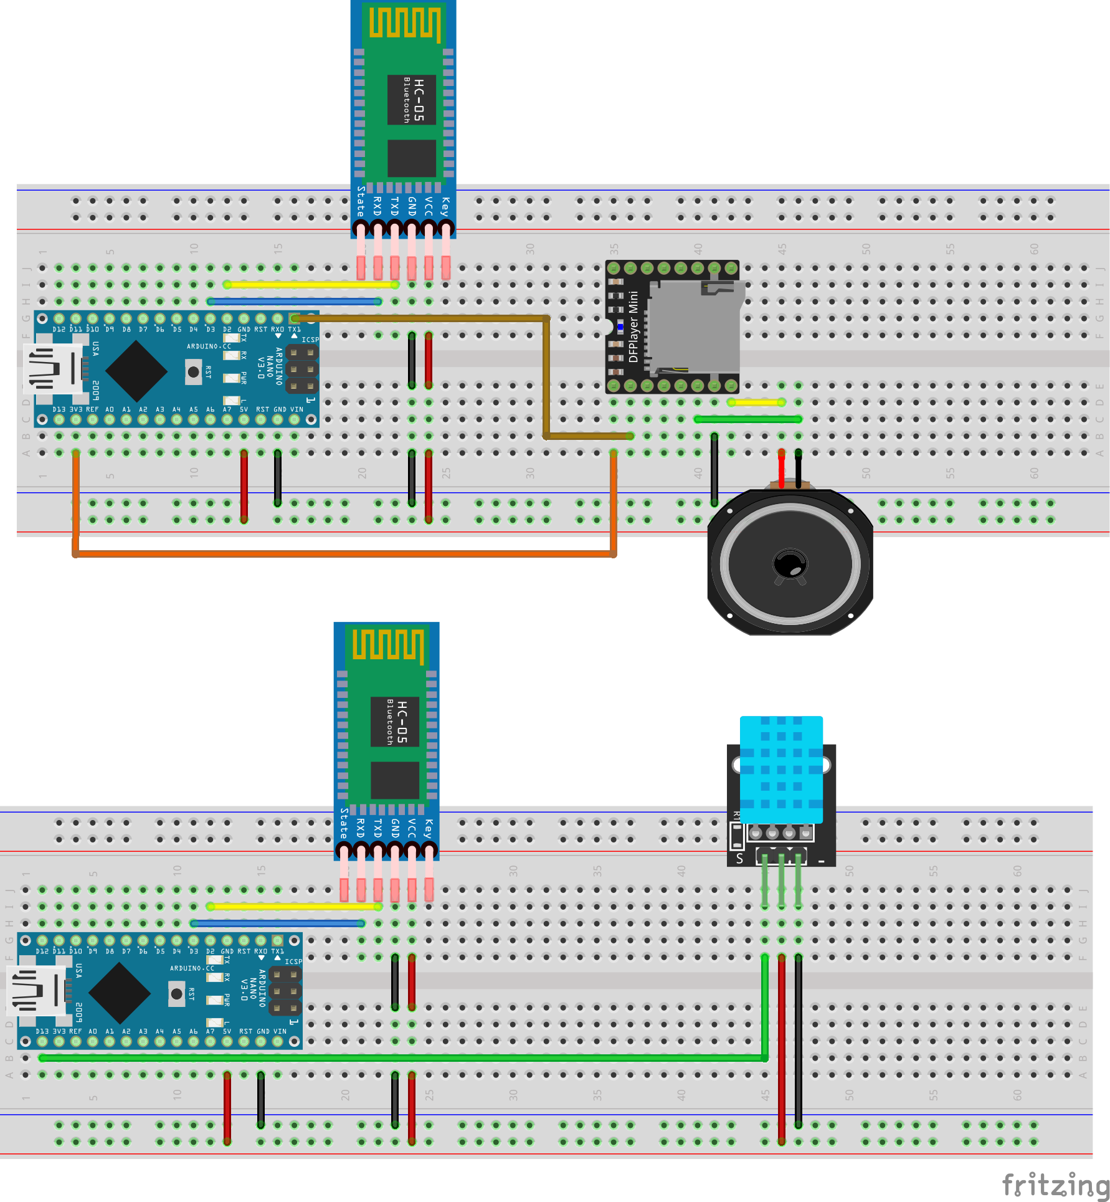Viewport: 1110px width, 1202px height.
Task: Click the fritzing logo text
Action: coord(1055,1184)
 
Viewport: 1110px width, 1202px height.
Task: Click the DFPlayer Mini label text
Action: coord(633,327)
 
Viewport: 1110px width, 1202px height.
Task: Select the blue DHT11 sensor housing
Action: coord(781,770)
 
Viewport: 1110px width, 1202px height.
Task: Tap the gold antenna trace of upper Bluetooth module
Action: coord(405,22)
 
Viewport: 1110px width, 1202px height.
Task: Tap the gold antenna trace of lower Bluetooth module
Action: coord(388,644)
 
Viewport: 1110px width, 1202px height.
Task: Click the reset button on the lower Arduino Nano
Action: coord(177,993)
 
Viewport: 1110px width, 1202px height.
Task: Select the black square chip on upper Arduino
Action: coord(136,371)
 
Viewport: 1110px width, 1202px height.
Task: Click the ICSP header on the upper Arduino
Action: coord(301,369)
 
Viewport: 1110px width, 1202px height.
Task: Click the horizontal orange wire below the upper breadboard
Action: coord(343,553)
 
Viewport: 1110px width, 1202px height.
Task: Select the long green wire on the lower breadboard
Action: coord(399,1057)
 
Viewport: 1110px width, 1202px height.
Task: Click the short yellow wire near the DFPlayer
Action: coord(756,403)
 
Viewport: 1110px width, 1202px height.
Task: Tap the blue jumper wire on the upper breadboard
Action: coord(295,302)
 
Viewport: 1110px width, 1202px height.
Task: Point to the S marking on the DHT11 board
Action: coord(739,859)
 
